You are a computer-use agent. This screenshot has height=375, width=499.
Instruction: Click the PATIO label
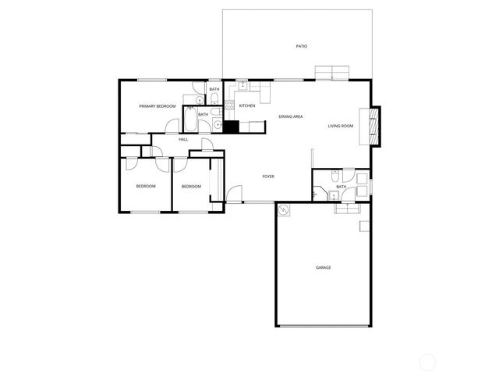point(301,46)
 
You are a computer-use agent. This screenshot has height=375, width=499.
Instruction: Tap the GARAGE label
point(323,268)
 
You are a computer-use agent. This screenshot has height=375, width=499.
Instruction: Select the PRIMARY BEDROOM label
point(157,106)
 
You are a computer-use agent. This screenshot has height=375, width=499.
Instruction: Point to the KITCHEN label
point(247,106)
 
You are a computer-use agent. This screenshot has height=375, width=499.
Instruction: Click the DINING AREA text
point(291,116)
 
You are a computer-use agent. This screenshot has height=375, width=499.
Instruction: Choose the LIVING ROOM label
point(341,126)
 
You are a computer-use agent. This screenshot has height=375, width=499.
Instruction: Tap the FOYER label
point(267,177)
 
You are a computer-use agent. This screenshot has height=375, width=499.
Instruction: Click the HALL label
point(183,139)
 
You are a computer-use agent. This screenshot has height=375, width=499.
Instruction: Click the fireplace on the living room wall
point(374,125)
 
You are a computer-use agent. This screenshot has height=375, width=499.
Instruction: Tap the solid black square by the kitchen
point(231,126)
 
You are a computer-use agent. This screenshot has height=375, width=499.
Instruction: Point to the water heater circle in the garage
point(285,210)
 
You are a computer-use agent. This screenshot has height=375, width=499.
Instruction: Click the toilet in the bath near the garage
point(334,176)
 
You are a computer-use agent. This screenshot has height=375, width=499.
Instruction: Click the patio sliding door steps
point(332,73)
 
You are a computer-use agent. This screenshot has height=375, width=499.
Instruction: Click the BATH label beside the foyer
point(342,187)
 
